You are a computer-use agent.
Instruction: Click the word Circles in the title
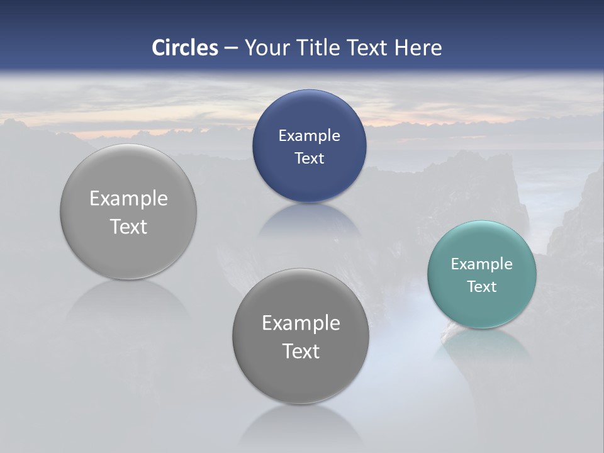coord(184,48)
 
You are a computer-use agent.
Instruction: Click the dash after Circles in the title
coord(231,48)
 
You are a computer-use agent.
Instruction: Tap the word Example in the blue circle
coord(309,135)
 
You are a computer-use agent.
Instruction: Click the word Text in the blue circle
coord(309,158)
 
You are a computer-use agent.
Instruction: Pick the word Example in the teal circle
coord(481,264)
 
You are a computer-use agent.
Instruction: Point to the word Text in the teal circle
coord(482,286)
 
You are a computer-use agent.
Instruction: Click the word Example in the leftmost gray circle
coord(128,198)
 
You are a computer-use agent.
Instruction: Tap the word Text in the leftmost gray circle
coord(128,226)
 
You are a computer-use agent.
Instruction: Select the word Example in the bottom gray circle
coord(301,323)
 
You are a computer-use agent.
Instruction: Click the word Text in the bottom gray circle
coord(301,351)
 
